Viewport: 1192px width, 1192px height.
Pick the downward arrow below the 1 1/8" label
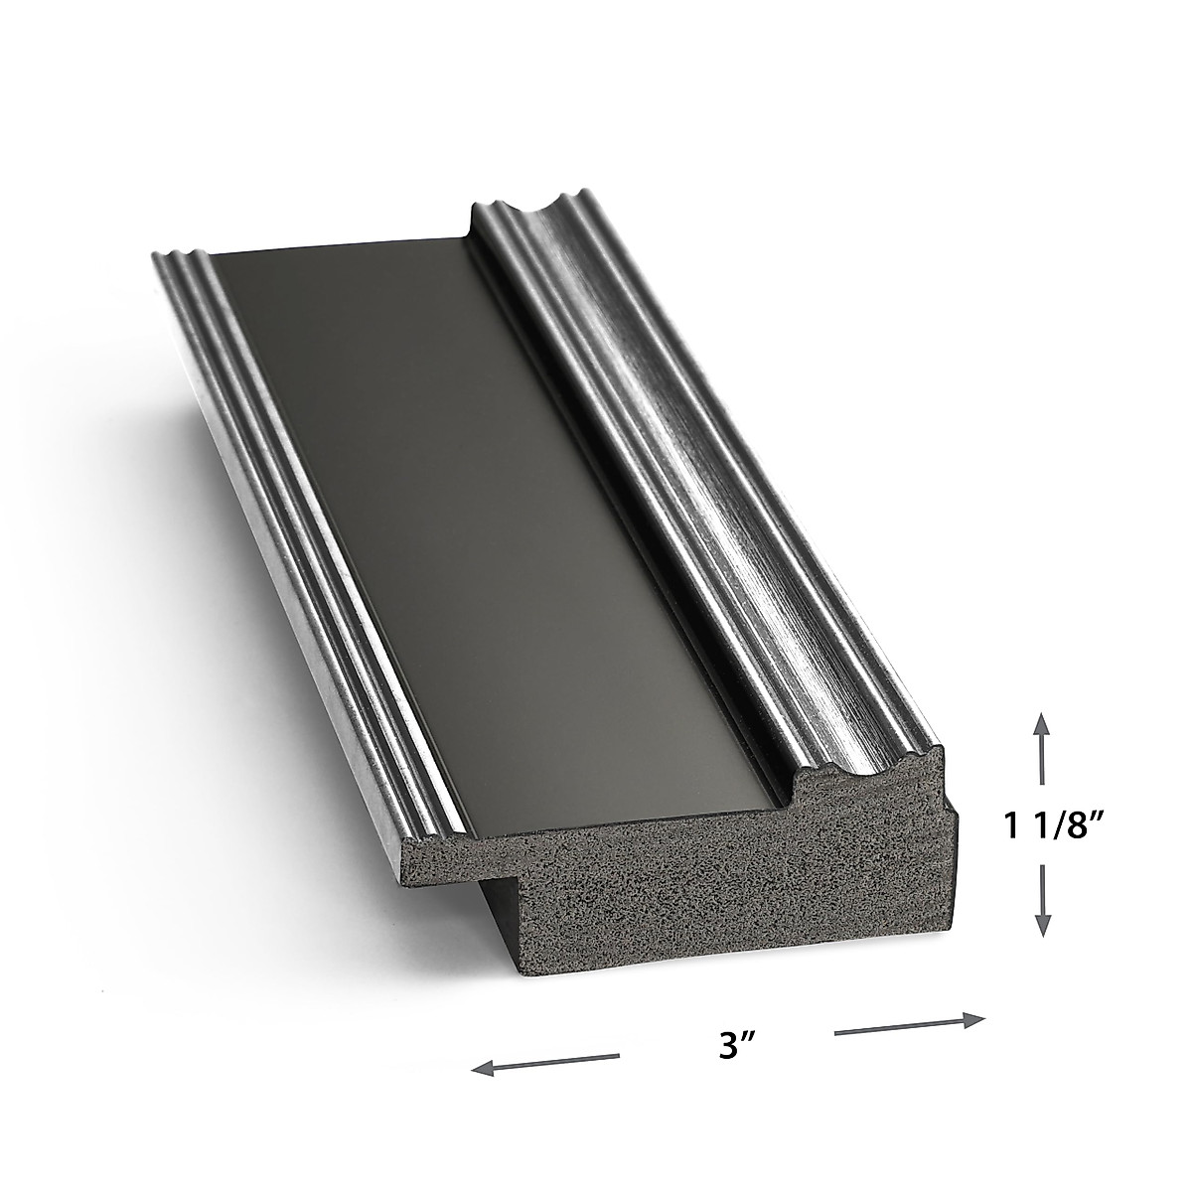1042,899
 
